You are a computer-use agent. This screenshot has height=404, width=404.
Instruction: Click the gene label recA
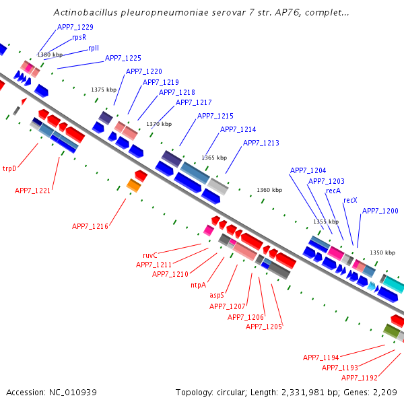(x=333, y=191)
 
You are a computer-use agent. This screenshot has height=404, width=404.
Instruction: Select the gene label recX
(x=350, y=200)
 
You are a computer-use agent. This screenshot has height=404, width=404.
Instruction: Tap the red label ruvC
(x=150, y=255)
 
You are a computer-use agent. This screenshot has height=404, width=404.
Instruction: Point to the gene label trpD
(x=9, y=168)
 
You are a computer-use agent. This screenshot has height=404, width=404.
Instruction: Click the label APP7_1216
(x=90, y=226)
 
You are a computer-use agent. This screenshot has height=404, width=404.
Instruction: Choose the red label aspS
(x=217, y=295)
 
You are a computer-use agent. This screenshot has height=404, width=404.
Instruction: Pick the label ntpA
(x=199, y=285)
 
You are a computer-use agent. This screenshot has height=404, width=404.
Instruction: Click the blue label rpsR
(x=79, y=37)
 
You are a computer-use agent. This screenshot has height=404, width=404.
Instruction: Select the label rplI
(x=94, y=48)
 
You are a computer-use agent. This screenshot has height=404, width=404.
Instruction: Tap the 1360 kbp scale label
(x=269, y=190)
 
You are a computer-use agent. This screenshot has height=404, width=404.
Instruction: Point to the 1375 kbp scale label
(x=104, y=90)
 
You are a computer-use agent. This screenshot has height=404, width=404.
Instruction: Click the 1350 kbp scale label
(x=382, y=252)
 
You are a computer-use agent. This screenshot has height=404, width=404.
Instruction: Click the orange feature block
(x=134, y=186)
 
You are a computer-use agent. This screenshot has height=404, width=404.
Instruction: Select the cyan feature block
(x=394, y=284)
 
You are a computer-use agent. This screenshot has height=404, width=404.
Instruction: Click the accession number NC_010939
(x=73, y=393)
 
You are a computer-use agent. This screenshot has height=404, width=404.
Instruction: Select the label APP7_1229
(x=75, y=27)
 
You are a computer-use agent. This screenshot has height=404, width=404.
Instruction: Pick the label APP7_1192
(x=360, y=378)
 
